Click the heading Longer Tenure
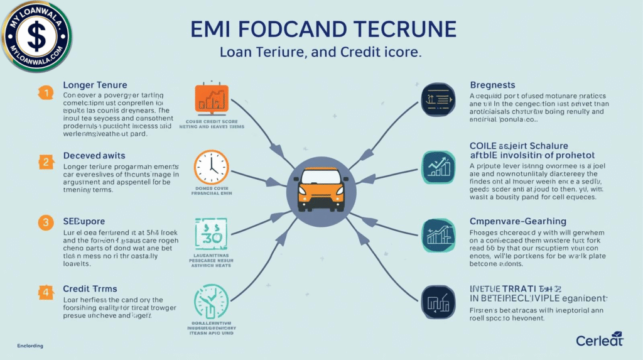tap(95, 85)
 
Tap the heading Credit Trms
tap(90, 288)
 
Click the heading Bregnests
tap(492, 85)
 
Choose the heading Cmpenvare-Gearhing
tap(518, 221)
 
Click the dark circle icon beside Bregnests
tap(438, 100)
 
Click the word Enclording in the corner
tap(31, 346)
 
